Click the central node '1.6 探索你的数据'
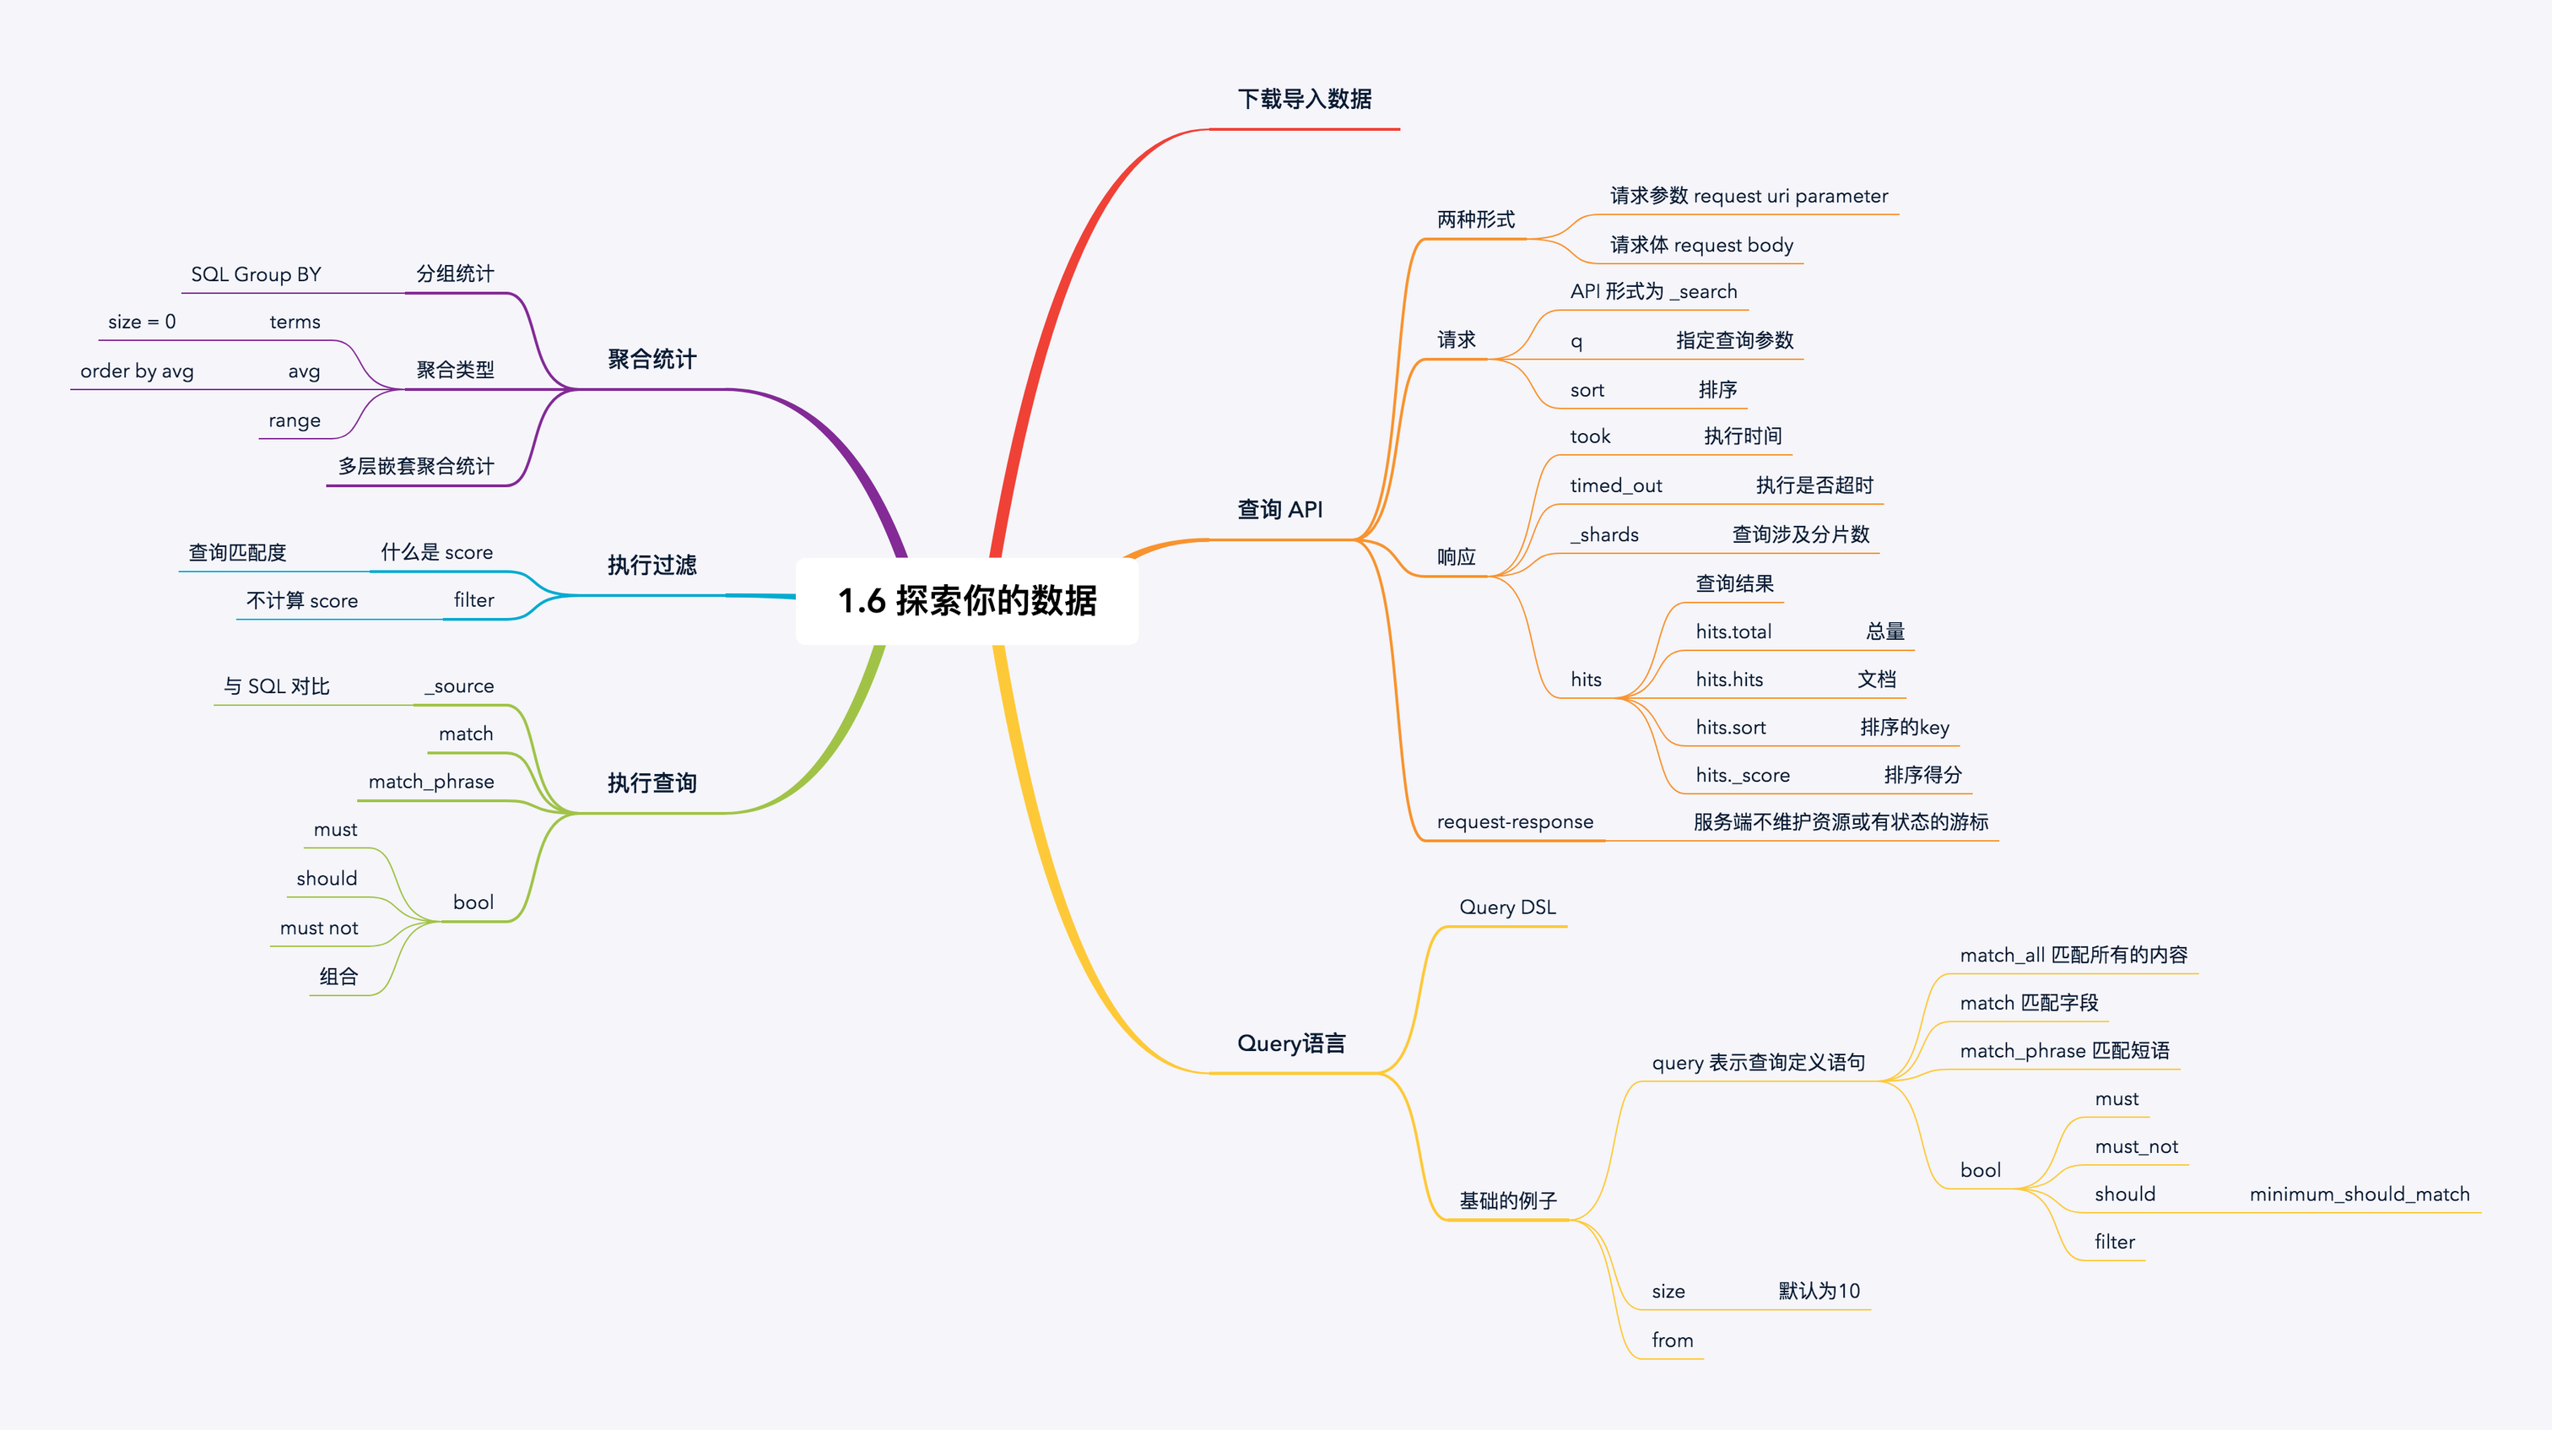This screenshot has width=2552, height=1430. (x=967, y=600)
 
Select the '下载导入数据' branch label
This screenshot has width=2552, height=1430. (x=1304, y=99)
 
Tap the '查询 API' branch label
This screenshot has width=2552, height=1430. (x=1279, y=509)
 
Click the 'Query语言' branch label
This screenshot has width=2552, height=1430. (x=1291, y=1043)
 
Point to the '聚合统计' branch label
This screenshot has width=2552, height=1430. (x=652, y=359)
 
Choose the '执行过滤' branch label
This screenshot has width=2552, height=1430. (x=652, y=565)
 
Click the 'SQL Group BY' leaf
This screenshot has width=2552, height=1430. (x=256, y=274)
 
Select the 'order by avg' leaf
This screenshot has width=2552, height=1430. (x=137, y=371)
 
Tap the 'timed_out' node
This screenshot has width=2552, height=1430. (x=1616, y=485)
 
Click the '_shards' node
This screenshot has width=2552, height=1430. (x=1604, y=535)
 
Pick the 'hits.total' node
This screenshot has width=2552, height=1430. (x=1733, y=631)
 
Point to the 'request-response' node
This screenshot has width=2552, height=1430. (x=1515, y=821)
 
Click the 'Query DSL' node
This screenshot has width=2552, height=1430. (x=1507, y=907)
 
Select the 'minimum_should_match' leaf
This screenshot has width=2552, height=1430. (x=2359, y=1194)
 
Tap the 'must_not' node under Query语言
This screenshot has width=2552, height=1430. (x=2136, y=1146)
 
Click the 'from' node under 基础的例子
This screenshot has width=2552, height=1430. (x=1673, y=1340)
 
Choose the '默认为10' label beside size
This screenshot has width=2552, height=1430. (x=1819, y=1290)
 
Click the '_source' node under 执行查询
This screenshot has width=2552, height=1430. (x=460, y=685)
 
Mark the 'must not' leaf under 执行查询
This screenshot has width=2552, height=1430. (x=319, y=928)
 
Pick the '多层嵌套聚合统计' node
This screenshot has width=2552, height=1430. (x=416, y=466)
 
